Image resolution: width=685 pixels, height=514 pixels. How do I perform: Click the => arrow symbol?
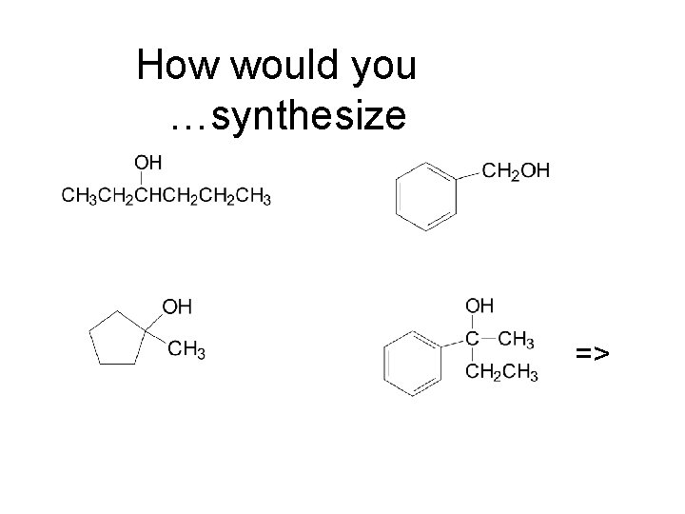(592, 354)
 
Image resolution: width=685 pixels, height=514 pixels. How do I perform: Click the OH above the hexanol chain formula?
(149, 161)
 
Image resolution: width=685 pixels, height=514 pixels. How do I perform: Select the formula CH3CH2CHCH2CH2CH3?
(166, 197)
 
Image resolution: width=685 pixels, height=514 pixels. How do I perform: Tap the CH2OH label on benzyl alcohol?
(516, 171)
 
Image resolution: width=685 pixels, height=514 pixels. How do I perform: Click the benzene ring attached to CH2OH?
(425, 195)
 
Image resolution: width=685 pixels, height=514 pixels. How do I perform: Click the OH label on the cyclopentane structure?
(178, 306)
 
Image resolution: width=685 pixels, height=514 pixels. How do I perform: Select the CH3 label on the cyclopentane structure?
(186, 350)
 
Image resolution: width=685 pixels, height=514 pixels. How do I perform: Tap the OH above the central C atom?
(479, 306)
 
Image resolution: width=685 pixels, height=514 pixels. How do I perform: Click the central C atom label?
(473, 339)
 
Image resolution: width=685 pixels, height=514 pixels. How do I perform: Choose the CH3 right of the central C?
(517, 340)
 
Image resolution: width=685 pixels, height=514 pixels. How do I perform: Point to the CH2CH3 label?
(500, 373)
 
